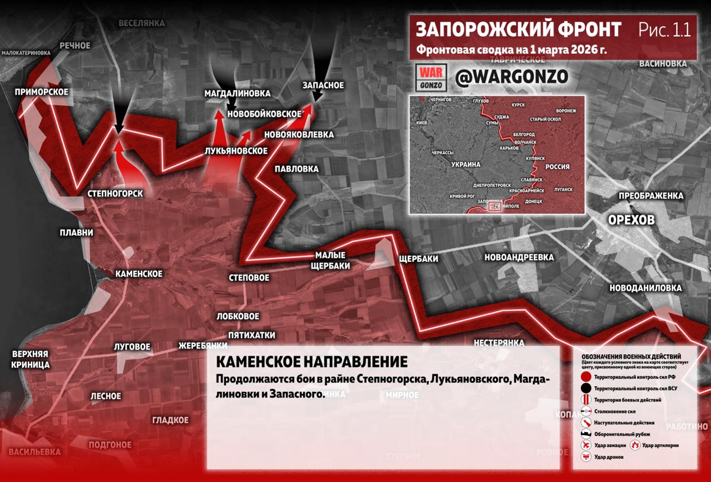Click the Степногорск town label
[x=116, y=193]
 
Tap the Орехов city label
[x=631, y=220]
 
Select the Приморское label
[x=42, y=92]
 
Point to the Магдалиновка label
[x=237, y=93]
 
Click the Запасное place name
[x=323, y=85]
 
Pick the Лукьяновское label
[x=236, y=151]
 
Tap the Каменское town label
[x=138, y=274]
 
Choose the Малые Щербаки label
[x=333, y=260]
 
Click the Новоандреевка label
[x=519, y=257]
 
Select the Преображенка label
[x=651, y=196]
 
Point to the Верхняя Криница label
[x=31, y=359]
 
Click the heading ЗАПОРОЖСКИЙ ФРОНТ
[x=518, y=29]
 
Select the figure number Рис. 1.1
[x=664, y=29]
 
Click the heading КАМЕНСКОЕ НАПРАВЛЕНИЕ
[x=311, y=362]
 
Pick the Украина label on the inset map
[x=465, y=165]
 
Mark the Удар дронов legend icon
[x=585, y=457]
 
